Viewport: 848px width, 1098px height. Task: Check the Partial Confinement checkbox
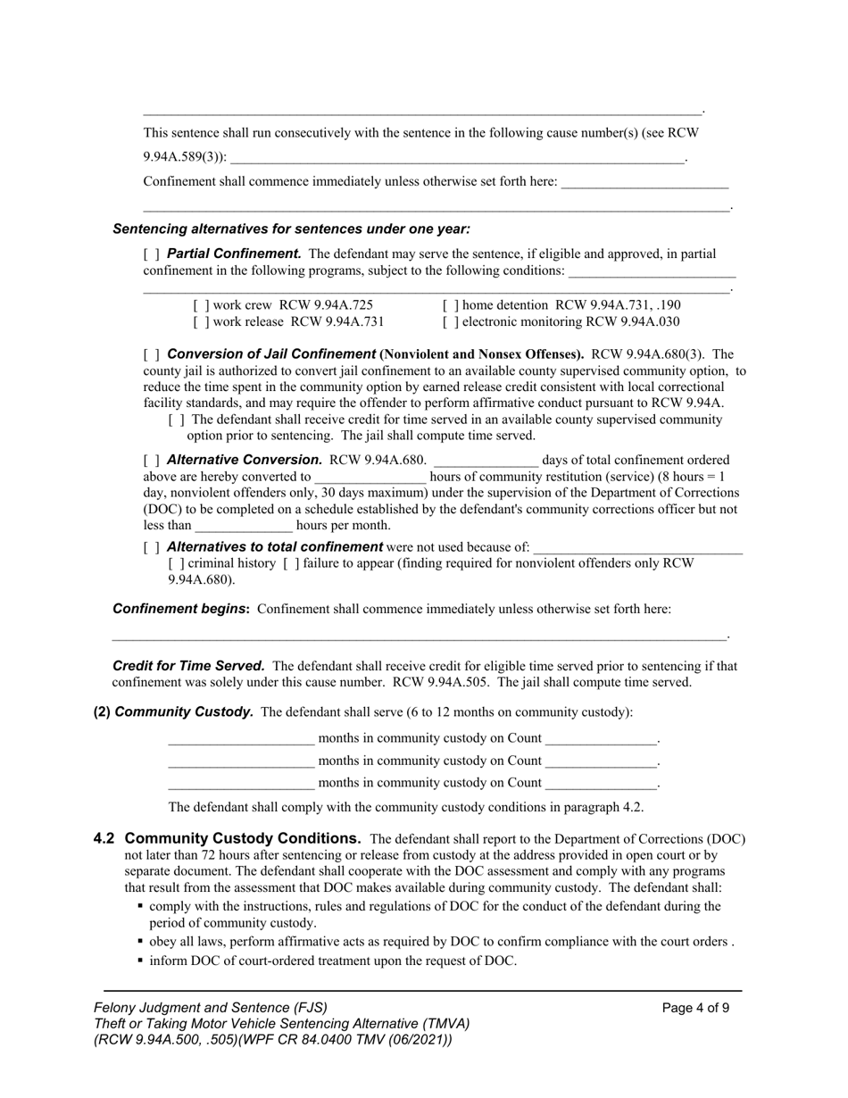(x=151, y=254)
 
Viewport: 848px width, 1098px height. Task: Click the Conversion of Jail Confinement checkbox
(x=151, y=354)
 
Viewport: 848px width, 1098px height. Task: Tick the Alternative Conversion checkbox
(x=151, y=461)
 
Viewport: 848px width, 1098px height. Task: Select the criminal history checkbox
(x=176, y=563)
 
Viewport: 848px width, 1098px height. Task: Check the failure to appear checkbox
(x=290, y=563)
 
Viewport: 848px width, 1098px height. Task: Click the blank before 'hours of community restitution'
(x=370, y=478)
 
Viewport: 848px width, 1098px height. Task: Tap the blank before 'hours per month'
(x=244, y=526)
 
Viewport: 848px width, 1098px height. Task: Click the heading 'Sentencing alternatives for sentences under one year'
(x=291, y=229)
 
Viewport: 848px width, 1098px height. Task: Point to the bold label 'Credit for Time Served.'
(x=188, y=666)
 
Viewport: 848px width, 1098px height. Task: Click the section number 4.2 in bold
(x=104, y=839)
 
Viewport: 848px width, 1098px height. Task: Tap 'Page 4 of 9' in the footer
(x=695, y=1008)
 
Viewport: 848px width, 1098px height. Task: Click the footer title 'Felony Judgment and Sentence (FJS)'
(x=211, y=1008)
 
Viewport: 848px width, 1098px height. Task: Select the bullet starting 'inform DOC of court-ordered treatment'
(x=332, y=961)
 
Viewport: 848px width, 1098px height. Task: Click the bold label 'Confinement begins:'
(x=181, y=609)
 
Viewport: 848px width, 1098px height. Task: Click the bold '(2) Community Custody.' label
(x=174, y=712)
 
